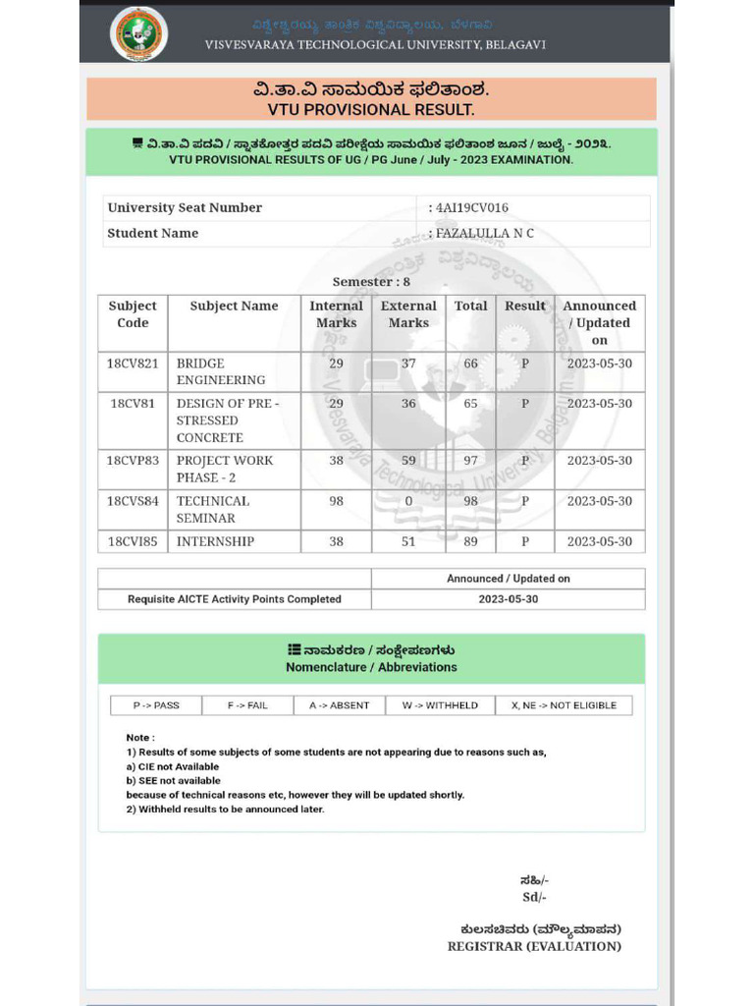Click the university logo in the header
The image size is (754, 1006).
click(138, 33)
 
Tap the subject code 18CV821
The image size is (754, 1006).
click(132, 363)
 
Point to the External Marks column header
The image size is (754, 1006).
click(408, 314)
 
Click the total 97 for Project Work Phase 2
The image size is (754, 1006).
click(470, 461)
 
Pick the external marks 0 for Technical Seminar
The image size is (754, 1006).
click(408, 501)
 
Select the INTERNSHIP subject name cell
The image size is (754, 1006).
click(215, 541)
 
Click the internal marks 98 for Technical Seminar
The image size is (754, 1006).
click(336, 501)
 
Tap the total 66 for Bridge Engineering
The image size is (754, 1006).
click(470, 363)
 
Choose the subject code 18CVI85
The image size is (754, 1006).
click(132, 541)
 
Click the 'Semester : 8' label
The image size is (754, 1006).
click(371, 282)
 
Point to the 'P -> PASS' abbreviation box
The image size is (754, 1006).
click(156, 705)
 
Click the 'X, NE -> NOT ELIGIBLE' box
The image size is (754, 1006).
click(564, 705)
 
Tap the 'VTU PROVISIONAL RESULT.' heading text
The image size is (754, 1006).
click(371, 110)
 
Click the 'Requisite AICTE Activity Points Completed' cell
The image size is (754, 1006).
click(235, 599)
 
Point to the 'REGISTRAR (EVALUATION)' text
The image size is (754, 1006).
click(534, 946)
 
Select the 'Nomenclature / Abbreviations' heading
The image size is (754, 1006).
click(371, 667)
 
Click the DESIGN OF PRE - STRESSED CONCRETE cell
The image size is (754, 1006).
click(227, 420)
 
